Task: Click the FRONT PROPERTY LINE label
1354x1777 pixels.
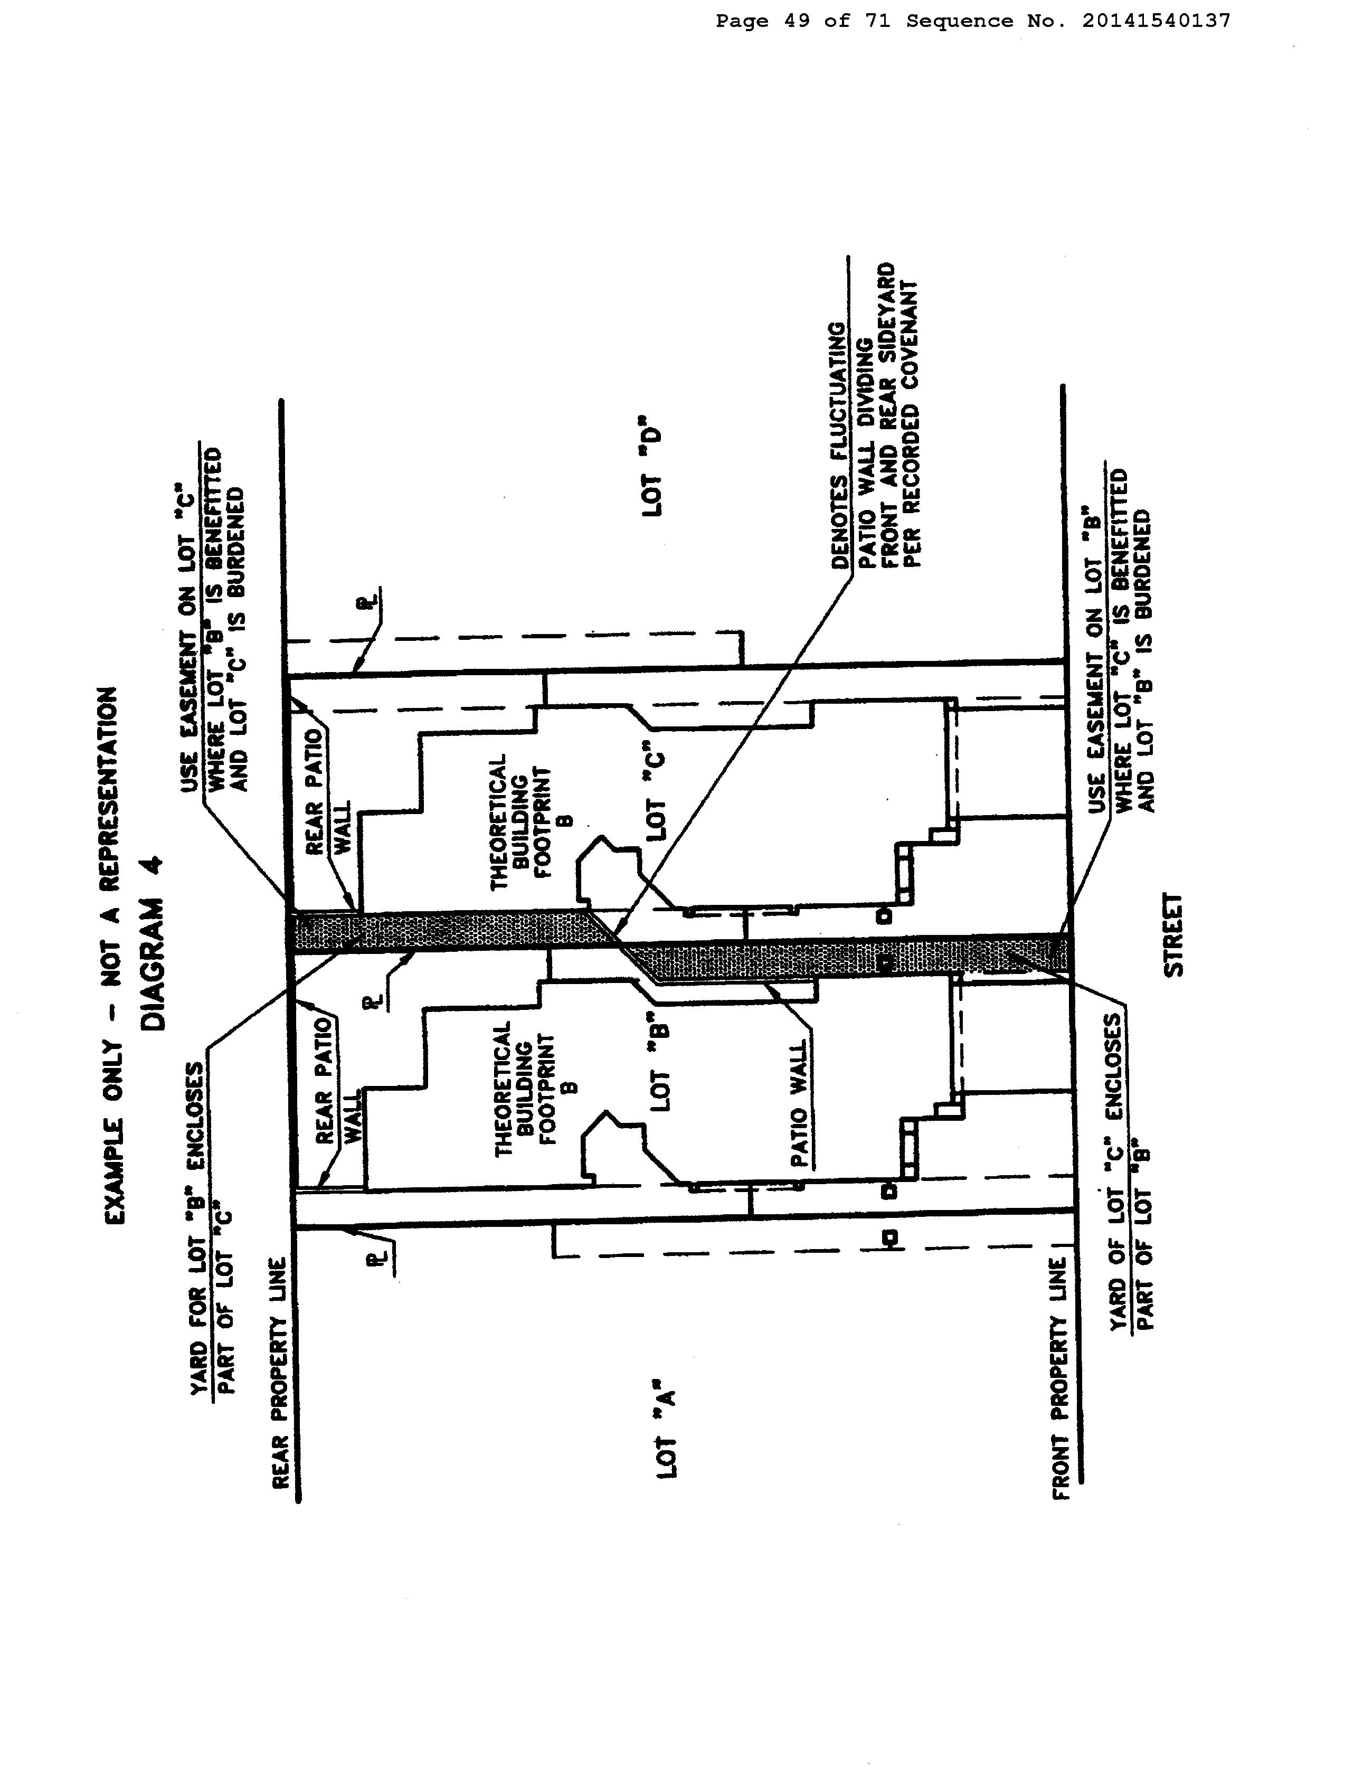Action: (1061, 1400)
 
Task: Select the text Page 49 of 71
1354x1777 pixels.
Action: (803, 22)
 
